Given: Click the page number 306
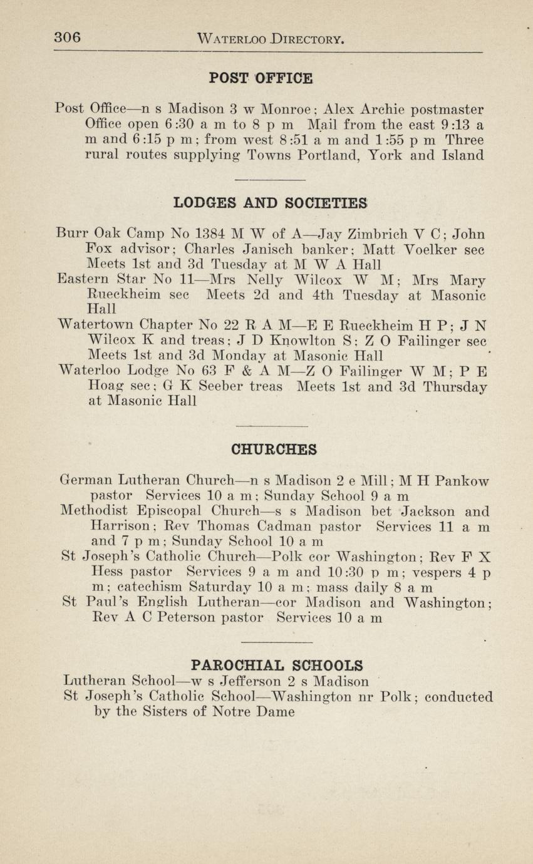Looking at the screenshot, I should [67, 38].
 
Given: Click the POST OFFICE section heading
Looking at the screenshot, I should [261, 78].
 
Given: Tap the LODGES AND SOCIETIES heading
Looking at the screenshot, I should [270, 203].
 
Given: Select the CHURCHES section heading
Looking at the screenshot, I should [274, 450].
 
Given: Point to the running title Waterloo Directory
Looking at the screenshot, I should [271, 39].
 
